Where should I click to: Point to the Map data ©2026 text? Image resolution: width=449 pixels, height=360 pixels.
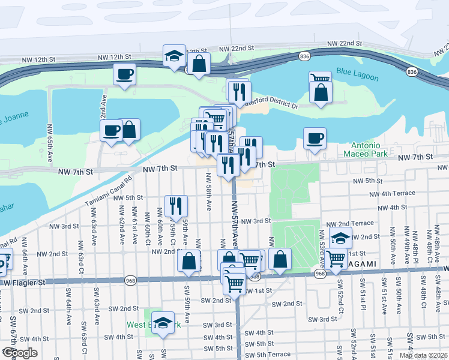click(x=424, y=355)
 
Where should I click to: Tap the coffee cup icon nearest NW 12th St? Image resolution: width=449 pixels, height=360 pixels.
click(x=125, y=74)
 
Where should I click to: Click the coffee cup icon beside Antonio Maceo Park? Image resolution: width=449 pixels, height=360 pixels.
click(x=315, y=139)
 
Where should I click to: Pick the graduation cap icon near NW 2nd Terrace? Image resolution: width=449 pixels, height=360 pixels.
click(x=340, y=238)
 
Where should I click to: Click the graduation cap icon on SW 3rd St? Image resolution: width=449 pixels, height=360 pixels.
click(x=163, y=323)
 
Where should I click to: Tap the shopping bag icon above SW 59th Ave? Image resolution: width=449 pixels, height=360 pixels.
click(x=189, y=261)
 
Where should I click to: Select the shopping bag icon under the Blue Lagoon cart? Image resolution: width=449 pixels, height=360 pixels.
click(x=321, y=92)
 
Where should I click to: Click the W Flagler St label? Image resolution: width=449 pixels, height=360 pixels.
click(x=24, y=281)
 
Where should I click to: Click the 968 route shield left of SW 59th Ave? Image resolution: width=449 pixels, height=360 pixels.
click(x=130, y=280)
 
